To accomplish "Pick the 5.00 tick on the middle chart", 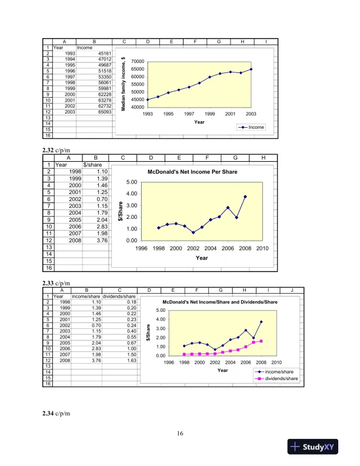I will (x=132, y=182).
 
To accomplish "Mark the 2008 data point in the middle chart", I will (x=245, y=197).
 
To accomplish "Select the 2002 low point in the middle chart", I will (x=193, y=232).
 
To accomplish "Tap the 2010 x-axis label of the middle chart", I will (x=262, y=248).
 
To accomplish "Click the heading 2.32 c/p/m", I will (x=57, y=151).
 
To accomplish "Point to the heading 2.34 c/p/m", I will (x=57, y=415).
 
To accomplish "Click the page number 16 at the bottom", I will (x=180, y=434).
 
